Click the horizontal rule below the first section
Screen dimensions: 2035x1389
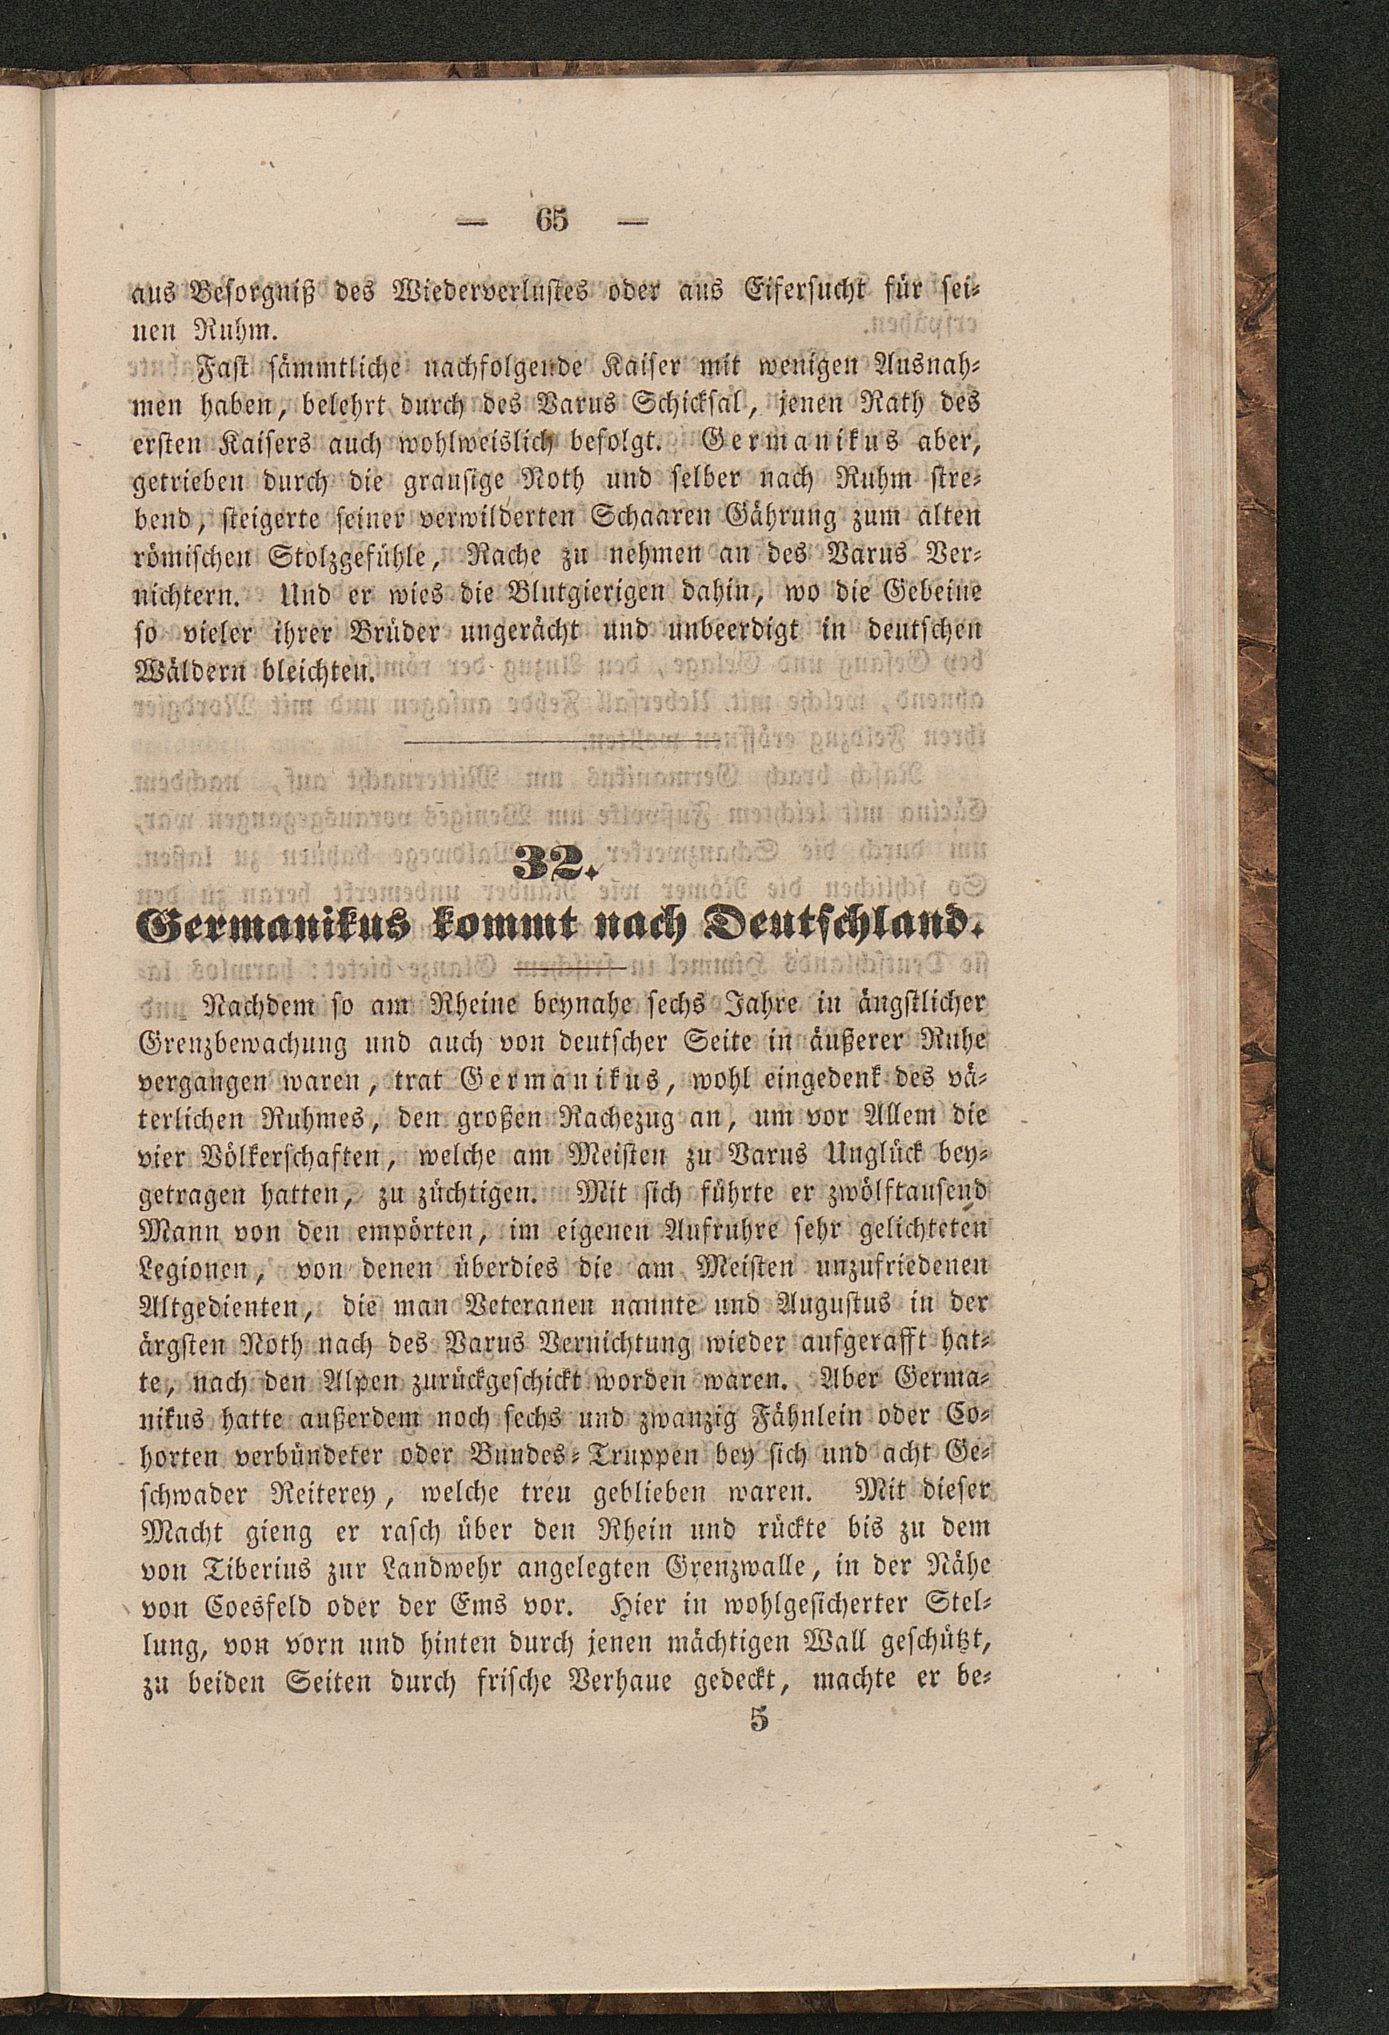[561, 745]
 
